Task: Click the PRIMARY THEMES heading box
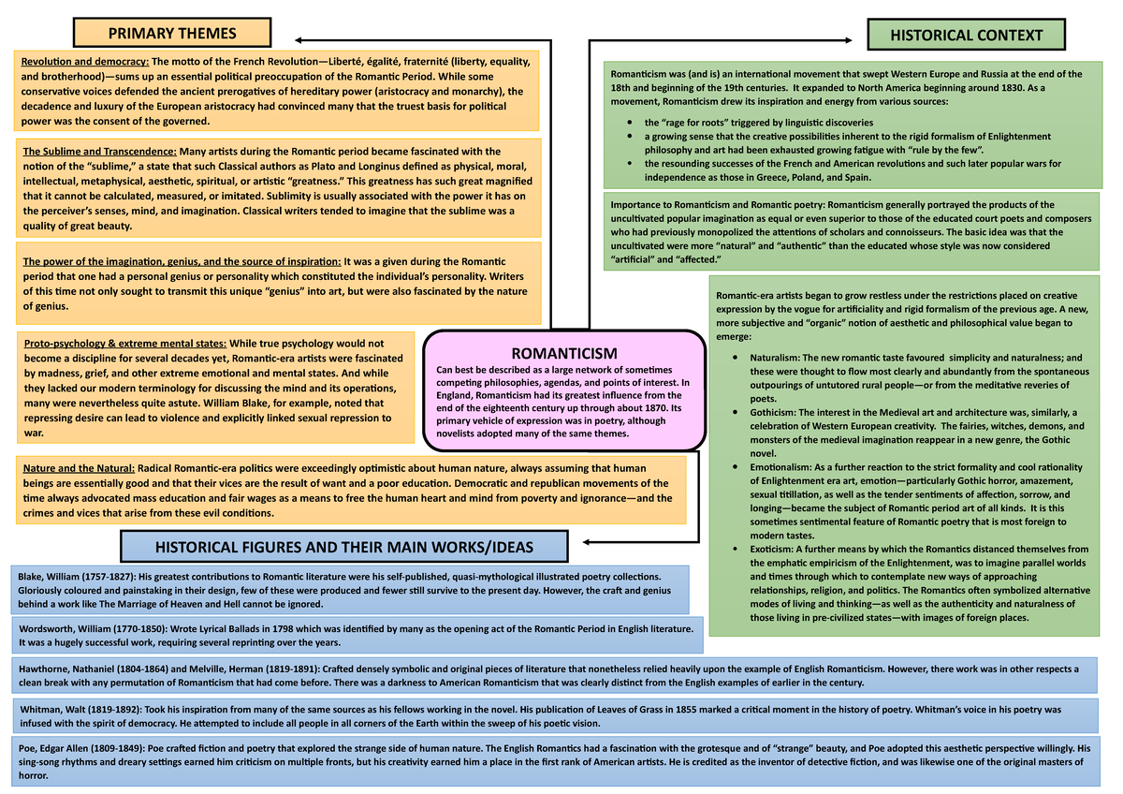[172, 35]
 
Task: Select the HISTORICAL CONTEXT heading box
[966, 36]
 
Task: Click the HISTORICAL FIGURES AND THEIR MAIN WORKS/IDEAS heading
[344, 547]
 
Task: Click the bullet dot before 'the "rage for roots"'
[634, 123]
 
